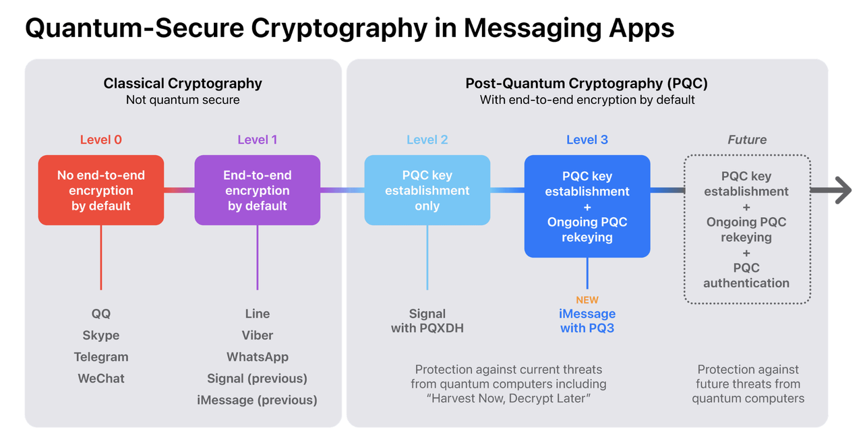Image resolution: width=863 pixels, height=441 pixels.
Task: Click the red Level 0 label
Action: coord(101,140)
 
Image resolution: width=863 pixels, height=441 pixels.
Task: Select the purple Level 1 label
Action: coord(258,140)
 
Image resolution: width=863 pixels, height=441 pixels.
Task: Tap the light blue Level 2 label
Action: coord(427,140)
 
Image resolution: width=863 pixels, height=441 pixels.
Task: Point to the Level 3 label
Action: coord(587,140)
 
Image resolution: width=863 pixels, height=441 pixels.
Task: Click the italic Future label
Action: coord(747,140)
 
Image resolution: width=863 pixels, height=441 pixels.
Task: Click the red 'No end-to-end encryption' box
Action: coord(101,190)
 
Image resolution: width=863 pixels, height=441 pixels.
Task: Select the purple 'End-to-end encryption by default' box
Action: coord(258,190)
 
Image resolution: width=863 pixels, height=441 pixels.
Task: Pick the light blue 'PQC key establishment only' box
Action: coord(427,190)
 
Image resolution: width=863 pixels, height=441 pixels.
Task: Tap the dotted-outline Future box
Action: coord(747,229)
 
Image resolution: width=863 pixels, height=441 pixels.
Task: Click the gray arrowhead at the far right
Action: coord(843,190)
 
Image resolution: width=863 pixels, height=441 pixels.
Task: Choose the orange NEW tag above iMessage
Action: coord(587,300)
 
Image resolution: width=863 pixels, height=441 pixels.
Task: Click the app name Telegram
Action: coord(101,357)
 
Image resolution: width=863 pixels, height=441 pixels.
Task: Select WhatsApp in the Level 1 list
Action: coord(258,357)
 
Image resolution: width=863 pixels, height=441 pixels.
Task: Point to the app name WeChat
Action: coord(101,378)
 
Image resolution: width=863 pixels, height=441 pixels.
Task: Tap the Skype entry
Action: coord(101,335)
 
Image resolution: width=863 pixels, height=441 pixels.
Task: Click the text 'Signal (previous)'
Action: coord(258,378)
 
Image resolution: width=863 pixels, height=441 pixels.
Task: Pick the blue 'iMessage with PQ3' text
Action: coord(587,321)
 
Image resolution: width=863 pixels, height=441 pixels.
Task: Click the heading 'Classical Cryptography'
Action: coord(183,84)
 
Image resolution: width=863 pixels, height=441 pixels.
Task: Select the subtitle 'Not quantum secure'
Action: coord(183,100)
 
